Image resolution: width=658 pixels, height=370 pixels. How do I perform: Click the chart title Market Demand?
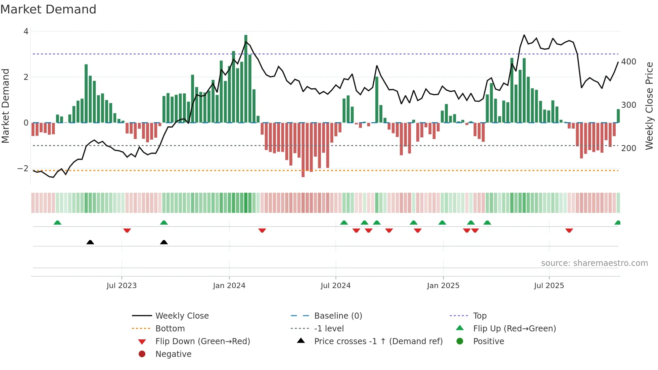tap(48, 9)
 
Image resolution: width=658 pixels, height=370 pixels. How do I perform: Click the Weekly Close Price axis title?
tap(649, 106)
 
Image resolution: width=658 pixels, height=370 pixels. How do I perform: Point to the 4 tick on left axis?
tap(26, 32)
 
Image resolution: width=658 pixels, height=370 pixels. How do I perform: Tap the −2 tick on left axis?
tap(23, 169)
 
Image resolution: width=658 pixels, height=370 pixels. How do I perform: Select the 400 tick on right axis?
tap(628, 62)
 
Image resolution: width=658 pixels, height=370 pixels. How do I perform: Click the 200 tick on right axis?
tap(628, 148)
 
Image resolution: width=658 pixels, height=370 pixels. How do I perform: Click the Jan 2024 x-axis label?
tap(229, 286)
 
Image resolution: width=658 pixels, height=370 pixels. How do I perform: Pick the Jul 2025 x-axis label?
tap(549, 286)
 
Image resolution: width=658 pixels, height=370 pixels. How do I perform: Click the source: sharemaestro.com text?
tap(594, 263)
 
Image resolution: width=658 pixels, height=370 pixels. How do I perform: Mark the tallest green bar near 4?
tap(246, 79)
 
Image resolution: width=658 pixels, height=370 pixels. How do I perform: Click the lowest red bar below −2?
tap(303, 149)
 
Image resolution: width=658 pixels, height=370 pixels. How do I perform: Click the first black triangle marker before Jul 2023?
tap(90, 242)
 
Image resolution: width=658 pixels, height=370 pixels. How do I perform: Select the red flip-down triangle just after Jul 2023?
tap(127, 230)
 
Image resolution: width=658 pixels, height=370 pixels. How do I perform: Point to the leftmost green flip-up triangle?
tap(57, 223)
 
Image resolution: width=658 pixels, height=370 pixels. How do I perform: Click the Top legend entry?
tap(479, 316)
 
